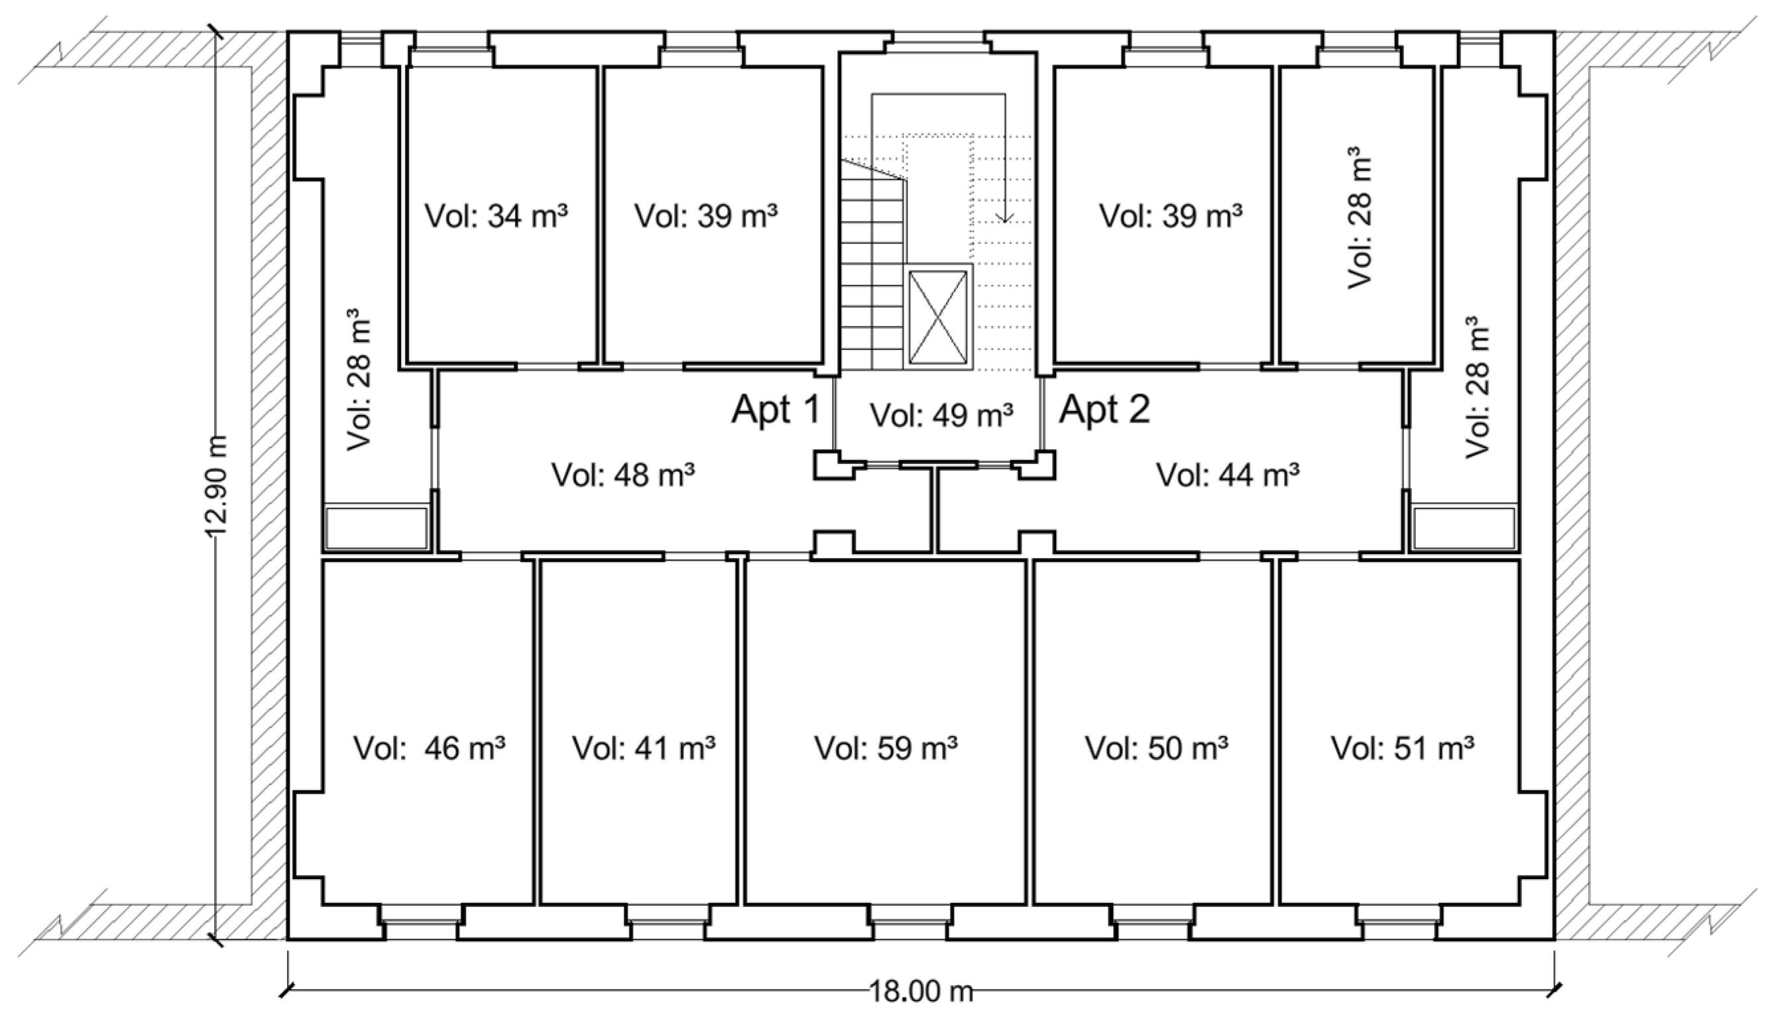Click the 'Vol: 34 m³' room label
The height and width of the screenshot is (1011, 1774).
point(496,216)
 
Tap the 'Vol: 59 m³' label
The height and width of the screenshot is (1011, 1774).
point(886,748)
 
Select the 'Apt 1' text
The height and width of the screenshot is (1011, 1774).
point(776,409)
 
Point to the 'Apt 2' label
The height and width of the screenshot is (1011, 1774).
point(1104,409)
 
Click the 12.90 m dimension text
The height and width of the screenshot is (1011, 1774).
point(217,486)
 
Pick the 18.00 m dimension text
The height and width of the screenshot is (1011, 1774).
point(921,991)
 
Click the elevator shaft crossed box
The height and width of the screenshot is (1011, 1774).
point(938,317)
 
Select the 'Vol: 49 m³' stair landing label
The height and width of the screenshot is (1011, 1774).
point(941,415)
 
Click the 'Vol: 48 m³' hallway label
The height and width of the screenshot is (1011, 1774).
point(622,475)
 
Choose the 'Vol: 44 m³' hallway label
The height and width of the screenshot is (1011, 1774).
point(1228,475)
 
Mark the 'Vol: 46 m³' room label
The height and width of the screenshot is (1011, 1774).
point(429,748)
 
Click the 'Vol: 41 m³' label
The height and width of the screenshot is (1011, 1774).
point(644,748)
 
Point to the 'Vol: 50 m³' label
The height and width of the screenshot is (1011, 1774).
point(1157,748)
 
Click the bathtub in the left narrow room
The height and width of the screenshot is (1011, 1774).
point(376,528)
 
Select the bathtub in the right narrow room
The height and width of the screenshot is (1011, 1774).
point(1464,528)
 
